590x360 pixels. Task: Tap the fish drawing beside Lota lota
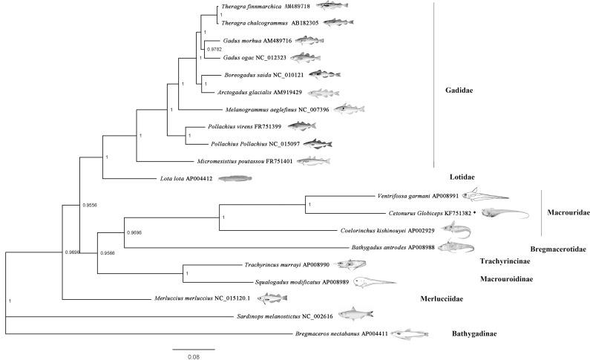235,178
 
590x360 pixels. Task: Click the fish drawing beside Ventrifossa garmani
485,196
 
